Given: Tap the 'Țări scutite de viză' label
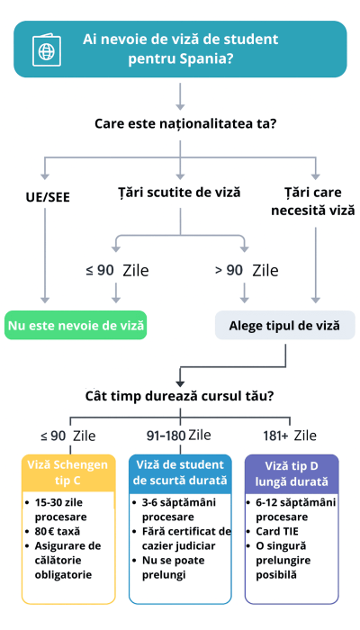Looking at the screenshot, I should click(x=180, y=192).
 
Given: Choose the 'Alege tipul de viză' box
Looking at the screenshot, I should click(x=279, y=325).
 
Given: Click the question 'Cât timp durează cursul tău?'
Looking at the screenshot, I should click(x=179, y=395).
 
